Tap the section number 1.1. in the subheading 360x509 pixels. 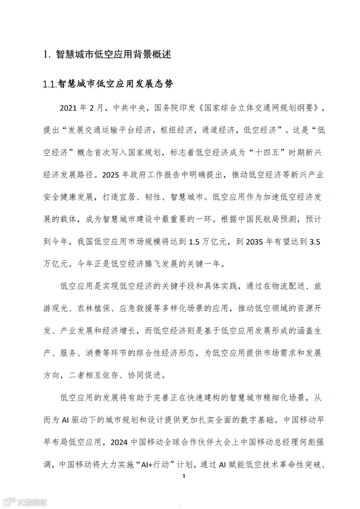click(x=50, y=84)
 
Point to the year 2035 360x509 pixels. click(x=254, y=241)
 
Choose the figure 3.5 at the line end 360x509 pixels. click(x=315, y=241)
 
